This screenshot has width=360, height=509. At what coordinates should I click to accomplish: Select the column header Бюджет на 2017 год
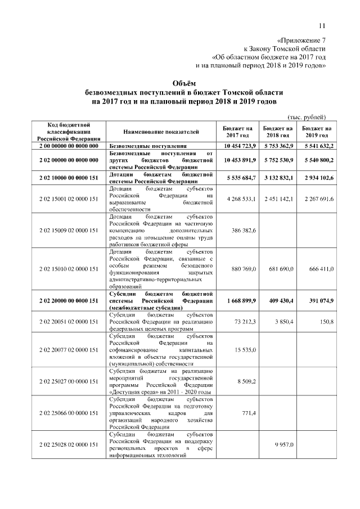pyautogui.click(x=237, y=132)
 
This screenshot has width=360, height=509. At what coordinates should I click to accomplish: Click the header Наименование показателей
pyautogui.click(x=160, y=132)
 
